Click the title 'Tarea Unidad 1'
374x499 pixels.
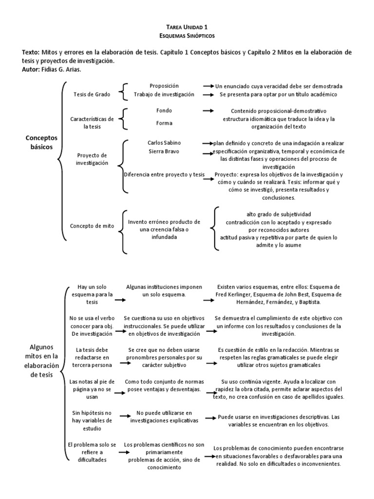[187, 28]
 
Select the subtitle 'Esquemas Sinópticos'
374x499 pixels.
[187, 36]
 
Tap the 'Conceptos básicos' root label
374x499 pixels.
[41, 142]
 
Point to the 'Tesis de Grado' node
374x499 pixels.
[91, 94]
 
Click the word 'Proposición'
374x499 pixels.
[164, 86]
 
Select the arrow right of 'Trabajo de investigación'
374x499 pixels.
[208, 95]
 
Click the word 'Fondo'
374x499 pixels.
[164, 111]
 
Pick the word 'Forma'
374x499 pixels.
[164, 123]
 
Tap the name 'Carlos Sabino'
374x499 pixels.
[164, 143]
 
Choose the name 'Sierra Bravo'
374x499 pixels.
[164, 152]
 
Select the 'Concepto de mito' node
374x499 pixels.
[92, 226]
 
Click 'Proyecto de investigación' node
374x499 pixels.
[92, 159]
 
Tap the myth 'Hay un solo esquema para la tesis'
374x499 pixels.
[92, 294]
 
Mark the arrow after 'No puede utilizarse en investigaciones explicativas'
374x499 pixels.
[210, 418]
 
